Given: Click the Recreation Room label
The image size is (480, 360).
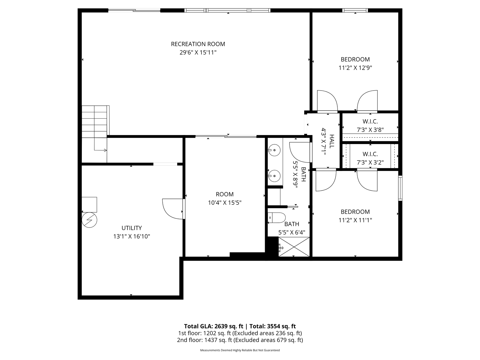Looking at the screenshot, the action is coord(198,44).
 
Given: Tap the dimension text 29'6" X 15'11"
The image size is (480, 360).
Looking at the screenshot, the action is coord(198,52).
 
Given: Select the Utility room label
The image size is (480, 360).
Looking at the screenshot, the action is coord(131,228).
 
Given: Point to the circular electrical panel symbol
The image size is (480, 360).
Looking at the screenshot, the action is coord(89,220).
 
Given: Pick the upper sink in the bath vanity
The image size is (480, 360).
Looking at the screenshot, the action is coord(274,150).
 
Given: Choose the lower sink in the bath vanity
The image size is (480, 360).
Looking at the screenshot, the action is coord(274,176).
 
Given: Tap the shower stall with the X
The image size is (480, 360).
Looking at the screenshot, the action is coord(294,247).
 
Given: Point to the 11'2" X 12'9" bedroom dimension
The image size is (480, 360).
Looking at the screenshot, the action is coord(355,68).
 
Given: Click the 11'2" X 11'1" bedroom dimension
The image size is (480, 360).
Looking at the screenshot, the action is coord(355,220).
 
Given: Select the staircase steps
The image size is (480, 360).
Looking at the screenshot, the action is coord(95,121).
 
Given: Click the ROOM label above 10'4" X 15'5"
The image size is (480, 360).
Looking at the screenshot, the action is coord(225,194).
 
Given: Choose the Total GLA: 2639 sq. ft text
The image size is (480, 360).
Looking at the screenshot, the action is coord(214,326).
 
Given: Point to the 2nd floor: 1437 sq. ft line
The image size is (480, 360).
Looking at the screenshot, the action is coord(240,340).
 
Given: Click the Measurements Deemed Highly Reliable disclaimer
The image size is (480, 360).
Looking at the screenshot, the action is coord(240,350).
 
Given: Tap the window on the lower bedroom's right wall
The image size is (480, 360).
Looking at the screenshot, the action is coord(400,188).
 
